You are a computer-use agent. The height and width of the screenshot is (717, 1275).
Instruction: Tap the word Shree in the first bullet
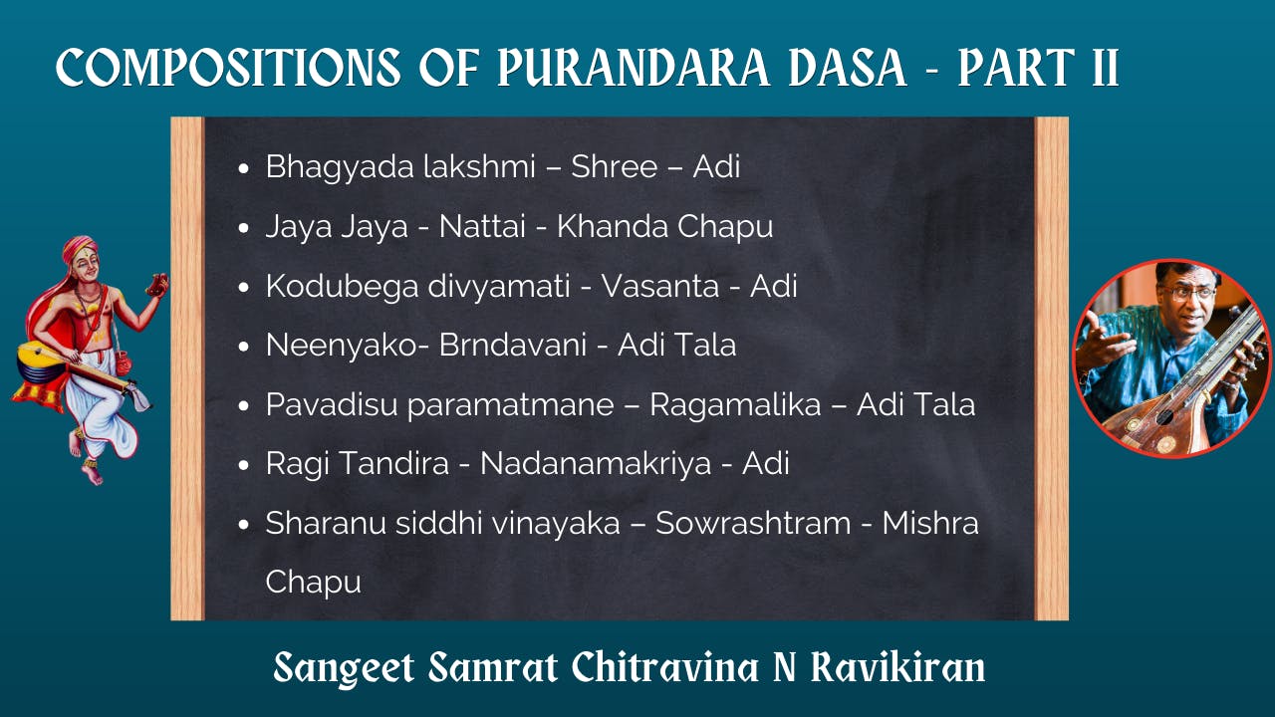(614, 166)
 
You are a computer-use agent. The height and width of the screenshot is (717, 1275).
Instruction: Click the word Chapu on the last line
(313, 583)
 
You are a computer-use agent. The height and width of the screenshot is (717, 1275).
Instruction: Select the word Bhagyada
(324, 167)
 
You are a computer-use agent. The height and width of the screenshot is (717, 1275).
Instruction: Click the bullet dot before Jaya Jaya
(244, 228)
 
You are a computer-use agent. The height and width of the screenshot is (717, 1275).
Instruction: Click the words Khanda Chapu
(664, 226)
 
